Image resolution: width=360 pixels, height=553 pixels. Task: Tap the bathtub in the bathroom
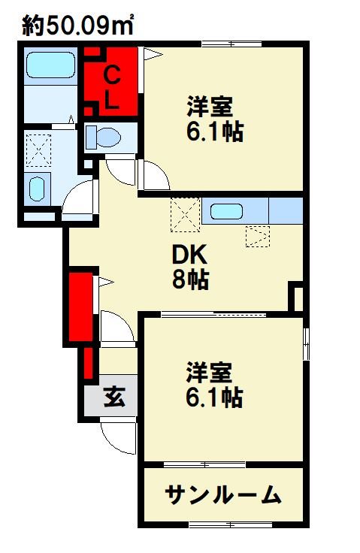click(x=50, y=65)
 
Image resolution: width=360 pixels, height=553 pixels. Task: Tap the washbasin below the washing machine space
click(x=38, y=188)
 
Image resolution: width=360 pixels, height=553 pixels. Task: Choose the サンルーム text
click(x=223, y=495)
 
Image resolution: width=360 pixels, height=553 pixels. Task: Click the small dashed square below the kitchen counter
click(x=256, y=237)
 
